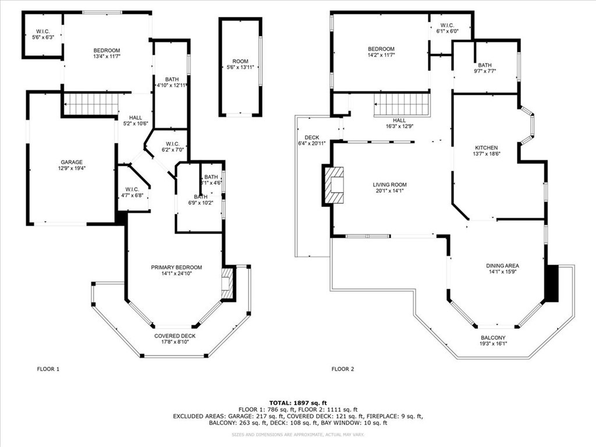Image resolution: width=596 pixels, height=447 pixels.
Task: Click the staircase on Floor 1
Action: pos(91,105)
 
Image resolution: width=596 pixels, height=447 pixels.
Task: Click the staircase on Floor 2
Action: pos(402,105)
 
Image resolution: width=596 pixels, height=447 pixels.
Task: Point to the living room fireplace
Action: pos(334,185)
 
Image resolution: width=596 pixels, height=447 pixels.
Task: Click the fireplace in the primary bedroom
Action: pos(227,283)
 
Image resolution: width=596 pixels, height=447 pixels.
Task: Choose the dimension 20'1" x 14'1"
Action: pos(389,191)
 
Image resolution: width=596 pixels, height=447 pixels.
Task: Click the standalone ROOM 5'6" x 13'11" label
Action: pos(240,65)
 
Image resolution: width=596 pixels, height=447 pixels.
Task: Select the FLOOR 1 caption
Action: pos(48,369)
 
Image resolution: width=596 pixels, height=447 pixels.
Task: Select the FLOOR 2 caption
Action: pos(343,369)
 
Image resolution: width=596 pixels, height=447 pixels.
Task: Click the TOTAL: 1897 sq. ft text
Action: pos(297,403)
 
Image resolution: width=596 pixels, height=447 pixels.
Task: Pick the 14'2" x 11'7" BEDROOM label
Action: pos(381,52)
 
